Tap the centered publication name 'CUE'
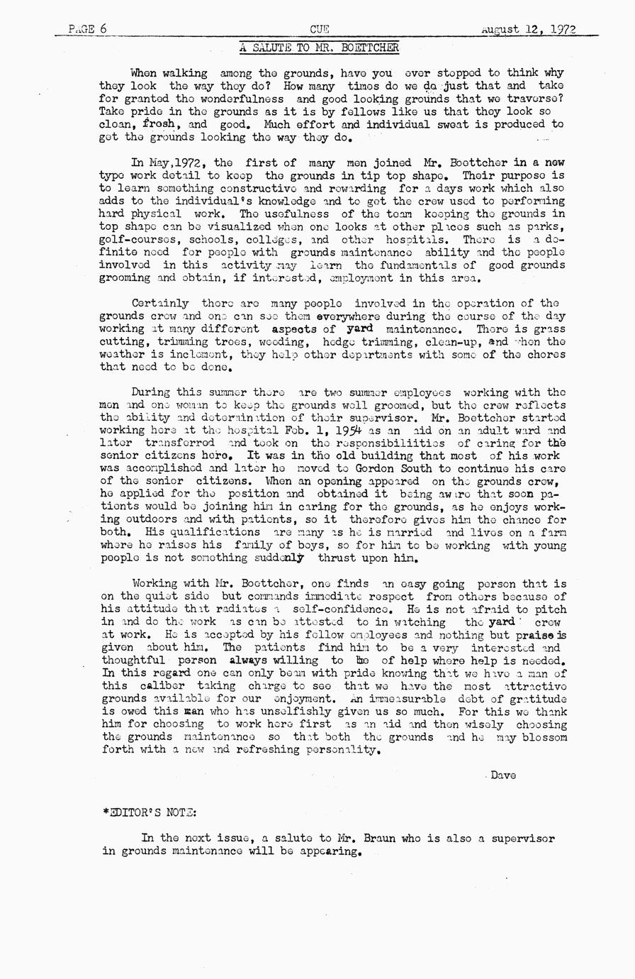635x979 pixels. tap(319, 29)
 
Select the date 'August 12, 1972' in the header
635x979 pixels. tap(528, 29)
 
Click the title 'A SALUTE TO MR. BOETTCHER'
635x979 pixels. tap(319, 48)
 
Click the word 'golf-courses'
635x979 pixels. tap(133, 239)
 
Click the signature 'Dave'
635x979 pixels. tap(502, 775)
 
